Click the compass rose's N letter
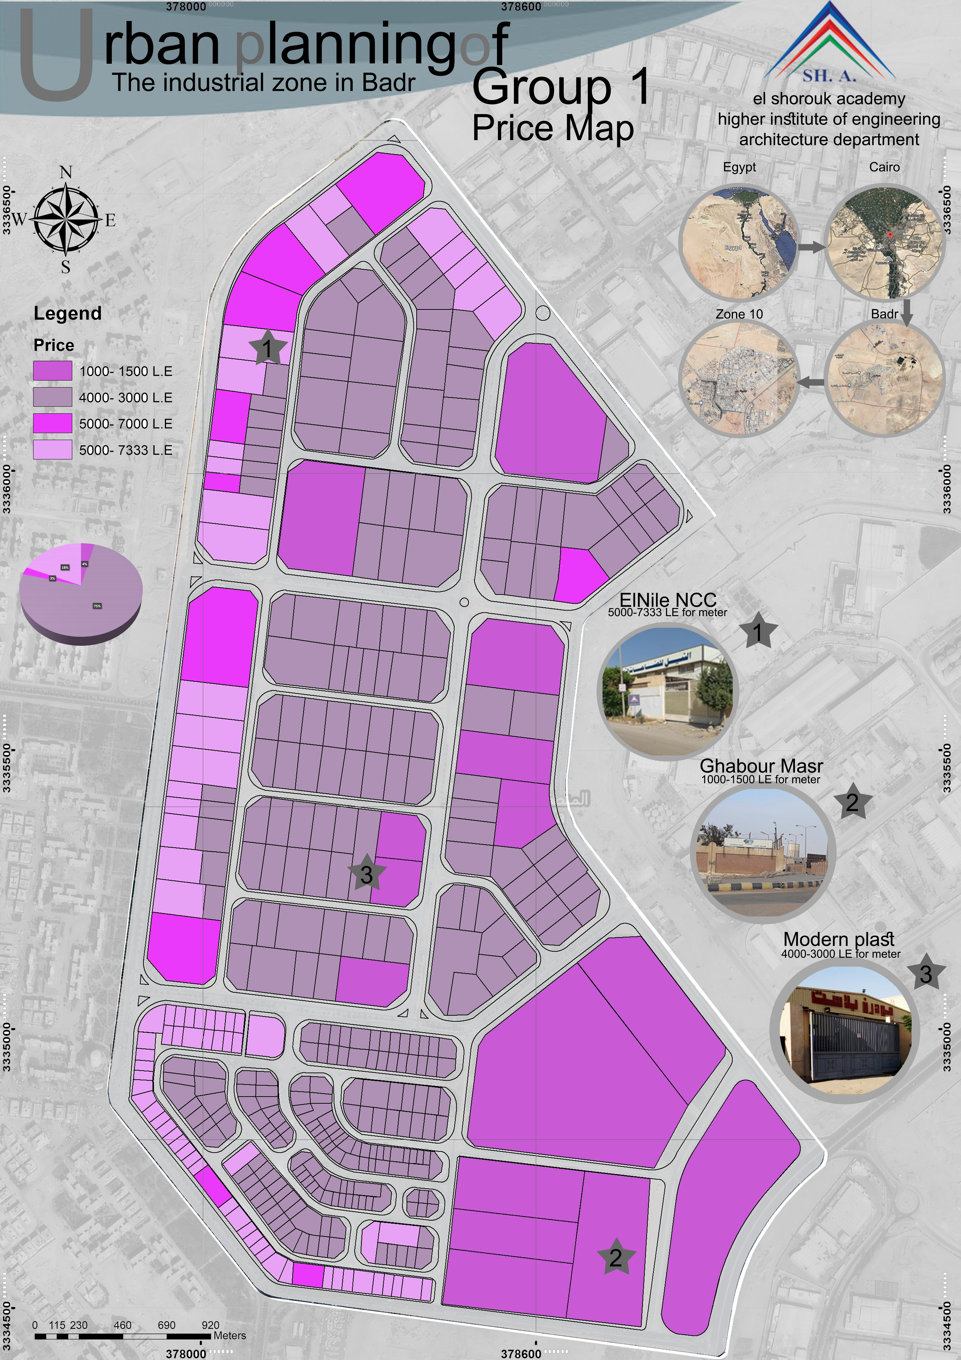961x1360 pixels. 66,172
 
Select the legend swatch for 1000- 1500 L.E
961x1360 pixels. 53,371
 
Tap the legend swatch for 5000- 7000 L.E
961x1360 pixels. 53,423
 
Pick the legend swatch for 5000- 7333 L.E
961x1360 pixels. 53,450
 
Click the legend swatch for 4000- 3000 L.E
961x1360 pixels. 53,397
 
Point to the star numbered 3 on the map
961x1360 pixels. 367,873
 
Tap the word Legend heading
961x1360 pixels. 67,313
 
